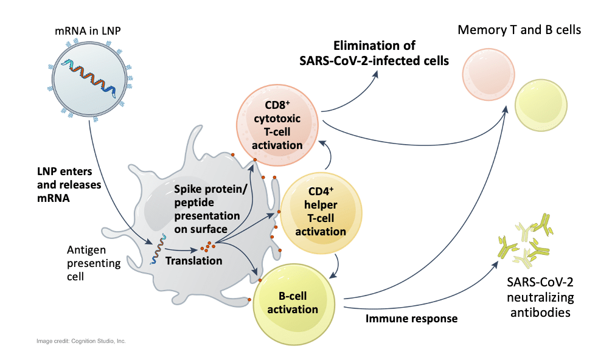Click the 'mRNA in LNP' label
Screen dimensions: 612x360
tap(88, 31)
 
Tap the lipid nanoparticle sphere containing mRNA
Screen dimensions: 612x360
tap(89, 79)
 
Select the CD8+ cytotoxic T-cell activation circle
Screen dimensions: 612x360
tap(277, 125)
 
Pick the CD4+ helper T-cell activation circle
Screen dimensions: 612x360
tap(321, 213)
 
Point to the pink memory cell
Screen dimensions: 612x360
tap(489, 75)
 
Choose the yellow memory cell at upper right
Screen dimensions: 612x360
tap(541, 105)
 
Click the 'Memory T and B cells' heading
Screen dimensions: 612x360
tap(519, 30)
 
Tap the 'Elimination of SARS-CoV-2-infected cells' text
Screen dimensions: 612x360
tap(374, 53)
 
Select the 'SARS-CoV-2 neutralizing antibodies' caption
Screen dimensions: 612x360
tap(540, 297)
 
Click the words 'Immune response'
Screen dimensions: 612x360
tap(411, 319)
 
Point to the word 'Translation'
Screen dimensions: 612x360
tap(193, 260)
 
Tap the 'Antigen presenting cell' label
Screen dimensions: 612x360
tap(94, 263)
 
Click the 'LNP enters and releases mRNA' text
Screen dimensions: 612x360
tap(69, 184)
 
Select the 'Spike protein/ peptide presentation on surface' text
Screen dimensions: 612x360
tap(210, 209)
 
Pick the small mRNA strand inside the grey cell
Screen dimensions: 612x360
tap(158, 249)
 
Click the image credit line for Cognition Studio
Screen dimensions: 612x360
tap(81, 341)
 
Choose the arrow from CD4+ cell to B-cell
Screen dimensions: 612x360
tap(336, 267)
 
